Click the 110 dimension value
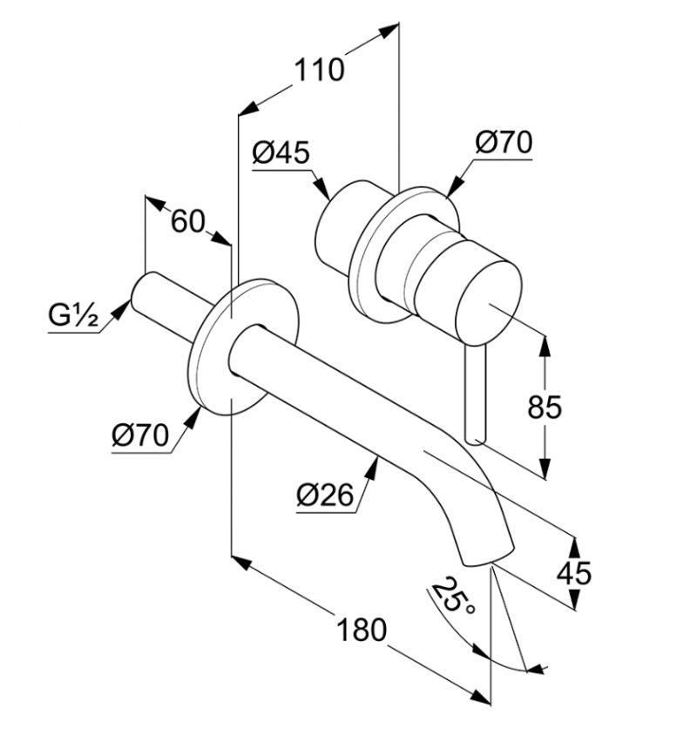click(x=319, y=71)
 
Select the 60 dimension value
click(x=188, y=221)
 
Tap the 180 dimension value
click(x=362, y=630)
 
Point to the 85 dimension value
click(x=544, y=407)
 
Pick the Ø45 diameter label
click(x=281, y=152)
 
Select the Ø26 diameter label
click(x=325, y=495)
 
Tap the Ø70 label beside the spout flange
click(x=140, y=435)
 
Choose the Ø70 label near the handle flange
click(x=504, y=142)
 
